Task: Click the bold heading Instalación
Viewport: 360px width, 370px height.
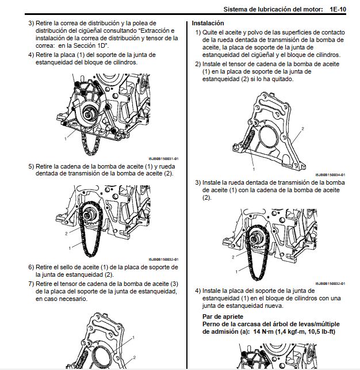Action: pyautogui.click(x=208, y=23)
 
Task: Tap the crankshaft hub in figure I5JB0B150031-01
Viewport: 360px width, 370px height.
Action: pyautogui.click(x=90, y=113)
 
